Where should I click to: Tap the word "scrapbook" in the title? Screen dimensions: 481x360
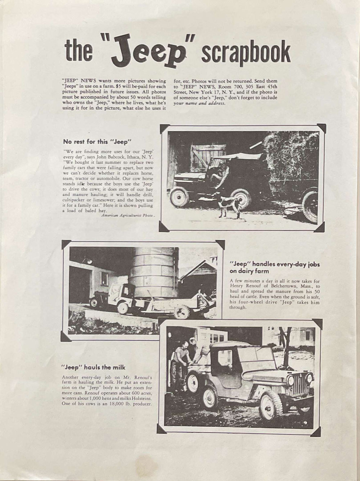[x=246, y=53]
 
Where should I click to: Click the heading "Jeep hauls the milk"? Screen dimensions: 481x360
[x=93, y=367]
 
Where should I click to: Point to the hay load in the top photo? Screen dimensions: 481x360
[x=292, y=155]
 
